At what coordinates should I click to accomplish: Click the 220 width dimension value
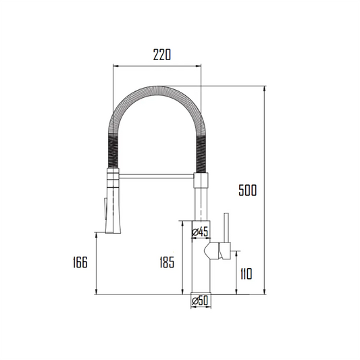(159, 55)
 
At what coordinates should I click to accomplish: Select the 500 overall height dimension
(247, 191)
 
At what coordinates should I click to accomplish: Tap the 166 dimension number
(80, 263)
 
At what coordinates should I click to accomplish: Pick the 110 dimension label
(245, 274)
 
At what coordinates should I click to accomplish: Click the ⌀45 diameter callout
(201, 232)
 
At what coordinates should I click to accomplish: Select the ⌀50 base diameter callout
(201, 301)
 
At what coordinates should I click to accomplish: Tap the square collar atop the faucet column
(202, 179)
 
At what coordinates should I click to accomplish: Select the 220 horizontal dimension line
(157, 66)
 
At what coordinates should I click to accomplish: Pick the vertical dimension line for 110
(236, 274)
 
